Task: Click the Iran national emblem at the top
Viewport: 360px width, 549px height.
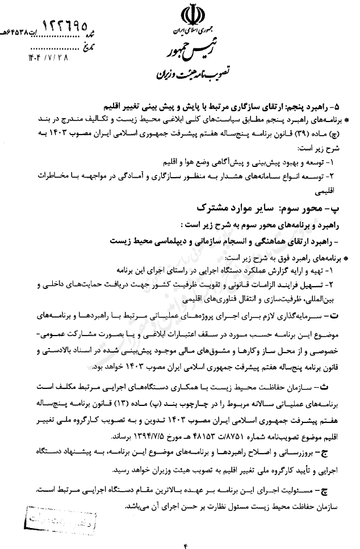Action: tap(190, 15)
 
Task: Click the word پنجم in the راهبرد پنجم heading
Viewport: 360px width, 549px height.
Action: tap(295, 107)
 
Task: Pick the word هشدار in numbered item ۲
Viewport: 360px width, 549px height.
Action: tap(227, 176)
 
